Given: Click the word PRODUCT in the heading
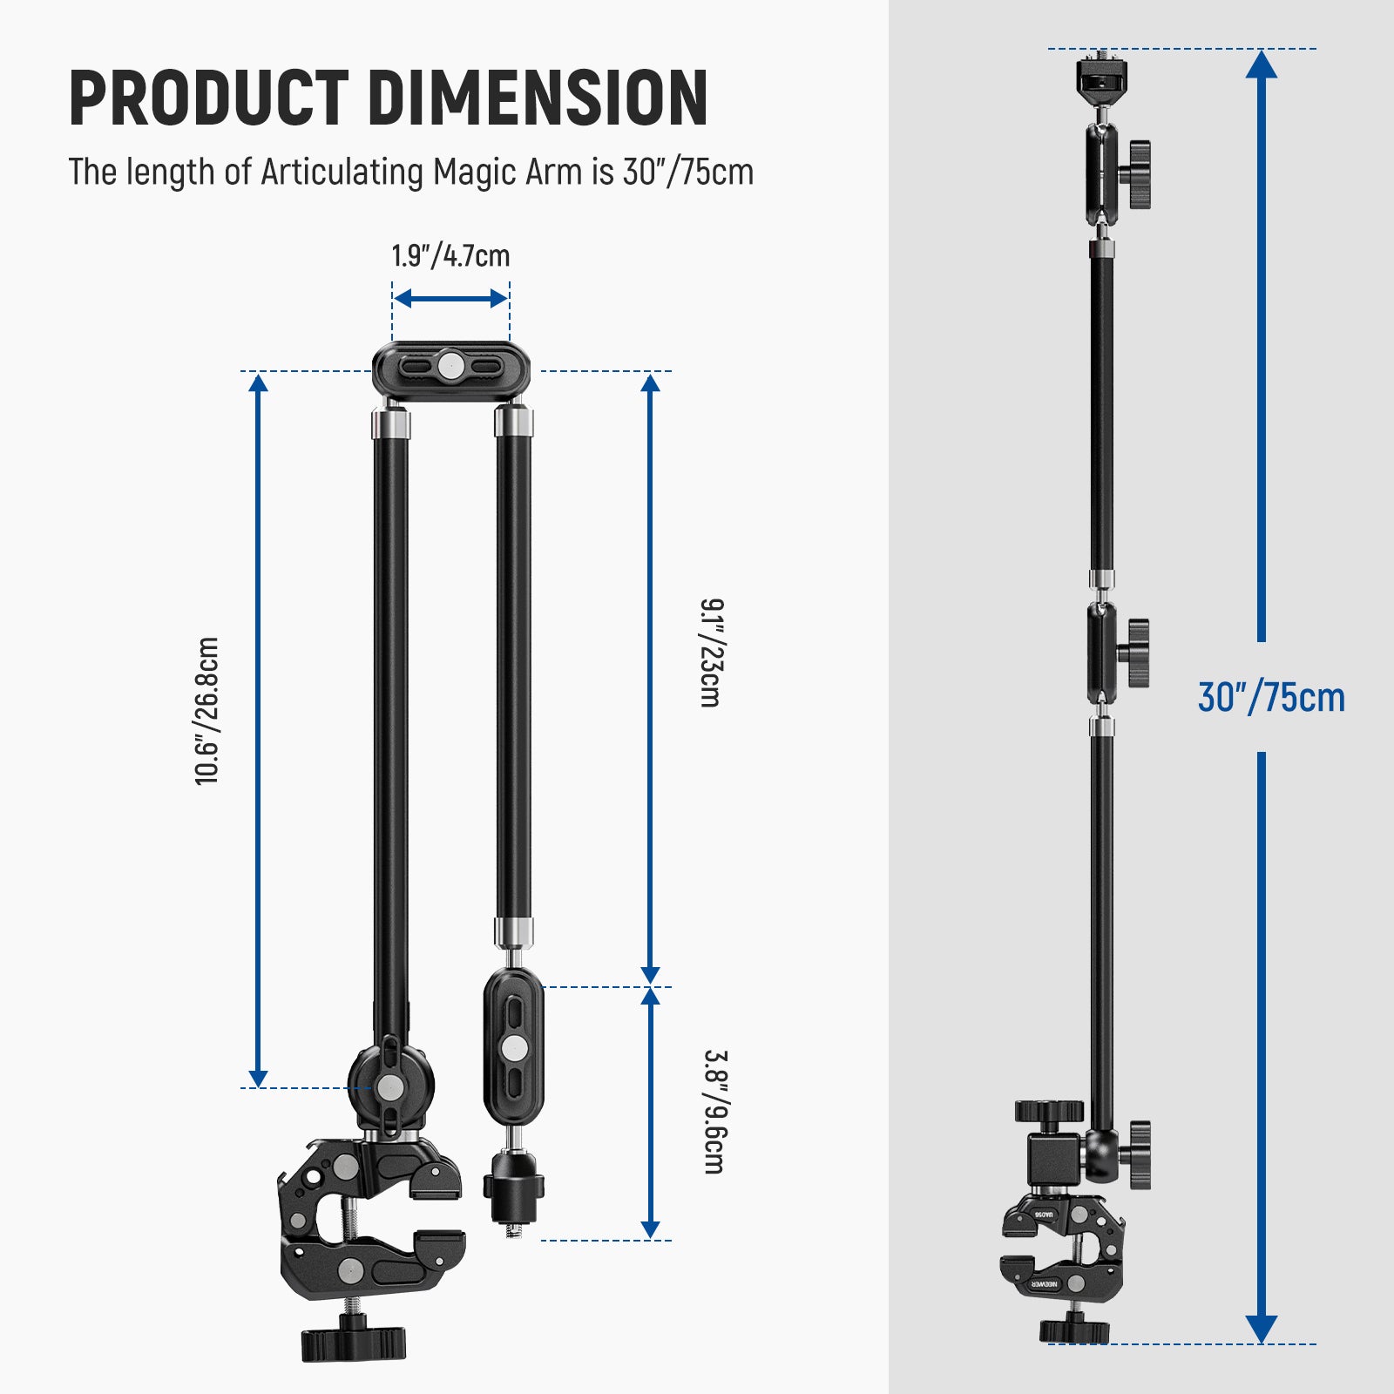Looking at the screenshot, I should [x=208, y=98].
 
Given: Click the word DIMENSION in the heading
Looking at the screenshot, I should [x=538, y=98].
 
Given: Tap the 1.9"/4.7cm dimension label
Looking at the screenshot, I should [x=450, y=256].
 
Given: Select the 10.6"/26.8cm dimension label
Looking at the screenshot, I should [x=207, y=711].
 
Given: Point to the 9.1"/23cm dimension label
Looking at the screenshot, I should [x=712, y=653].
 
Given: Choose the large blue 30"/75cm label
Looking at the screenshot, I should [x=1271, y=698].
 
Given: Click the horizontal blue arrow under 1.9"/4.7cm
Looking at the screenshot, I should [x=450, y=299].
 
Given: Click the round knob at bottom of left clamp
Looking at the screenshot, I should [x=354, y=1342].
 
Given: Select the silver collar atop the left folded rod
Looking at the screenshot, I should [x=391, y=424].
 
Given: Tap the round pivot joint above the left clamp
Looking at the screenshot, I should [x=391, y=1086].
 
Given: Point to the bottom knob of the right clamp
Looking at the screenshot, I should [x=1074, y=1330].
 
